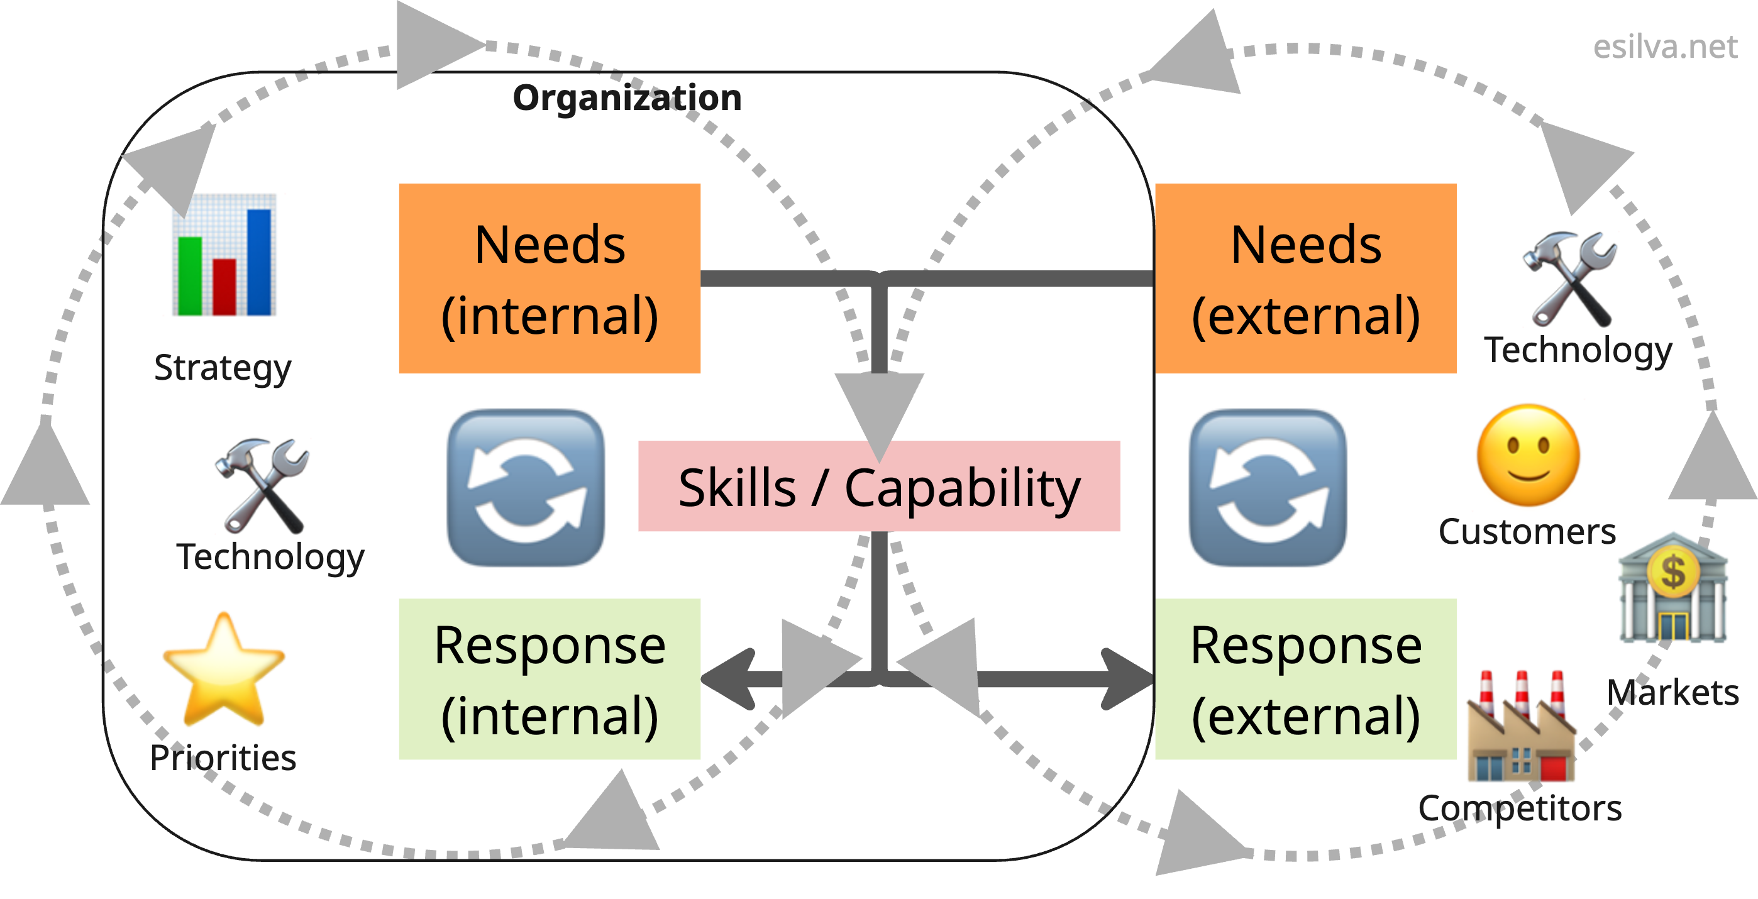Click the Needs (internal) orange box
pyautogui.click(x=550, y=278)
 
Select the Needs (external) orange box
pyautogui.click(x=1305, y=278)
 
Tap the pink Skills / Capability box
pyautogui.click(x=879, y=486)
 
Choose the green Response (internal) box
pyautogui.click(x=550, y=678)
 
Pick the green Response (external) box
pyautogui.click(x=1305, y=678)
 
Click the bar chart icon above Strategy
pyautogui.click(x=224, y=255)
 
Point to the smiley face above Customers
pyautogui.click(x=1528, y=455)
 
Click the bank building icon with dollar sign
pyautogui.click(x=1672, y=588)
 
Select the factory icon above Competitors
pyautogui.click(x=1522, y=726)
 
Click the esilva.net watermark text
pyautogui.click(x=1664, y=47)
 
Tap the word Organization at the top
pyautogui.click(x=626, y=97)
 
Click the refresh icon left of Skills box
pyautogui.click(x=526, y=487)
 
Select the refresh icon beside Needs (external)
pyautogui.click(x=1268, y=487)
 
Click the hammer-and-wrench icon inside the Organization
pyautogui.click(x=263, y=485)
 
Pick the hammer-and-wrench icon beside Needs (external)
pyautogui.click(x=1569, y=280)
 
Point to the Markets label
pyautogui.click(x=1672, y=693)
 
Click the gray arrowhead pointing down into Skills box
pyautogui.click(x=879, y=409)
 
